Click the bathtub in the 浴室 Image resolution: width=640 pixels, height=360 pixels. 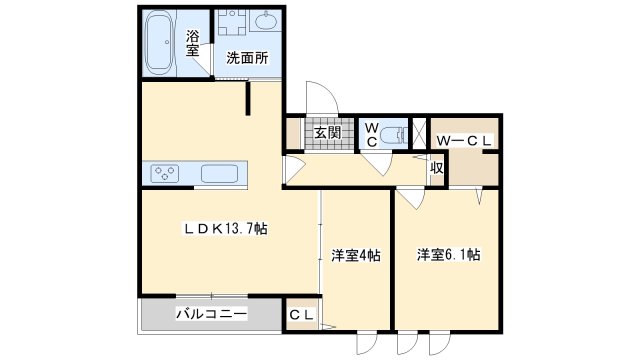[x=159, y=42]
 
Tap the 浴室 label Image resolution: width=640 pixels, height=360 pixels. [x=193, y=43]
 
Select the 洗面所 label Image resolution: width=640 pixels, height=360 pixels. [x=247, y=58]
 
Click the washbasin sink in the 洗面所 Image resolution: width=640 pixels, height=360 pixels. [x=265, y=20]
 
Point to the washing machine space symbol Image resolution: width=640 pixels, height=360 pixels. [x=232, y=22]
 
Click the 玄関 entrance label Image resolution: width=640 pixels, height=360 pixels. [x=327, y=132]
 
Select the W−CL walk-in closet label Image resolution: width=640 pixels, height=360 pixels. [x=464, y=141]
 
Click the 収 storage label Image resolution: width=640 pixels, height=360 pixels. [x=437, y=168]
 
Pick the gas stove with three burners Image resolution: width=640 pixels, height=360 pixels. [x=164, y=173]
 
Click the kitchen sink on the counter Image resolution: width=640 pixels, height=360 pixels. [x=219, y=173]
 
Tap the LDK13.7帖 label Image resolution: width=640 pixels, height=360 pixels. [x=225, y=229]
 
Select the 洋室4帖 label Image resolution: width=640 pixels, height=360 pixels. [x=356, y=256]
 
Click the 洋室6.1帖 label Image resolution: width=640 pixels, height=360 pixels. [x=448, y=255]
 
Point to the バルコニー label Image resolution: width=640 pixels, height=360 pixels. [x=211, y=314]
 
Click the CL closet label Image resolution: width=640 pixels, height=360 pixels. [x=302, y=315]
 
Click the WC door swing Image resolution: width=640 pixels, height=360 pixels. [x=379, y=164]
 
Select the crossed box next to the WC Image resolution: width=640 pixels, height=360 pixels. [x=418, y=132]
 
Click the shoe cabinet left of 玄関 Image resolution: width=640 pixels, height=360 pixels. [x=293, y=133]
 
